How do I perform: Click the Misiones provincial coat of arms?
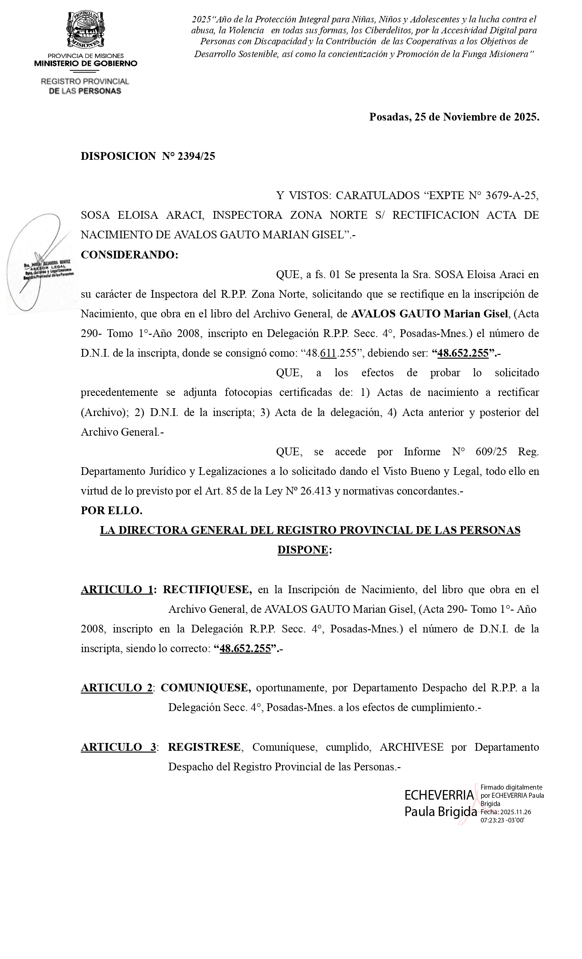tap(85, 30)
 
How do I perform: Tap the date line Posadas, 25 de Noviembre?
tap(454, 117)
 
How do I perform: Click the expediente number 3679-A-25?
tap(512, 195)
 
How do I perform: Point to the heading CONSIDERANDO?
tap(129, 255)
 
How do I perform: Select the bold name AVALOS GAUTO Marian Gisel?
tap(429, 314)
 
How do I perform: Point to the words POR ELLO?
tap(111, 511)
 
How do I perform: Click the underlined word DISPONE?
tap(303, 550)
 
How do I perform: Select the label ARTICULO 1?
tap(116, 590)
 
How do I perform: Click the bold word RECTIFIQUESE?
tap(207, 590)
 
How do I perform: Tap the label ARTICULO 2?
tap(116, 688)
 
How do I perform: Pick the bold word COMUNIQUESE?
tap(205, 688)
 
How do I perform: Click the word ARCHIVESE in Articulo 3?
tap(411, 747)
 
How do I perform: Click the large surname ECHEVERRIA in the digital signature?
tap(439, 795)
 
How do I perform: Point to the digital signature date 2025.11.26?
tap(515, 812)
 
